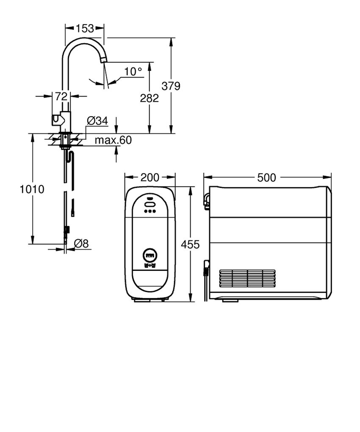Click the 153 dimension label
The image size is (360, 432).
pos(85,28)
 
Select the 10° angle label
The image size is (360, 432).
pos(133,72)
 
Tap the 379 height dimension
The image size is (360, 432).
pos(171,86)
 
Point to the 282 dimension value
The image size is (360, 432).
pos(149,98)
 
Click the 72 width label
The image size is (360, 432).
pos(61,96)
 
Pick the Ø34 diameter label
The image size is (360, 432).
pos(97,121)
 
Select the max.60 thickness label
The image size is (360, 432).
pos(113,140)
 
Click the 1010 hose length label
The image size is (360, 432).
pos(32,189)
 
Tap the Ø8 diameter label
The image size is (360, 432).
pos(81,243)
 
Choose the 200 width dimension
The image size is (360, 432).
pos(150,177)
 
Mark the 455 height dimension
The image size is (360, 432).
pos(190,245)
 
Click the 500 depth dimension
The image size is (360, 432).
pos(266,177)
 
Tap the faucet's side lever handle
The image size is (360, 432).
pos(56,120)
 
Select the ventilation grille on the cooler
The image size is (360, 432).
pos(247,279)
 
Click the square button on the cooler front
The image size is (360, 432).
pos(150,256)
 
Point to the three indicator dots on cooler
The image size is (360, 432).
pos(150,211)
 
